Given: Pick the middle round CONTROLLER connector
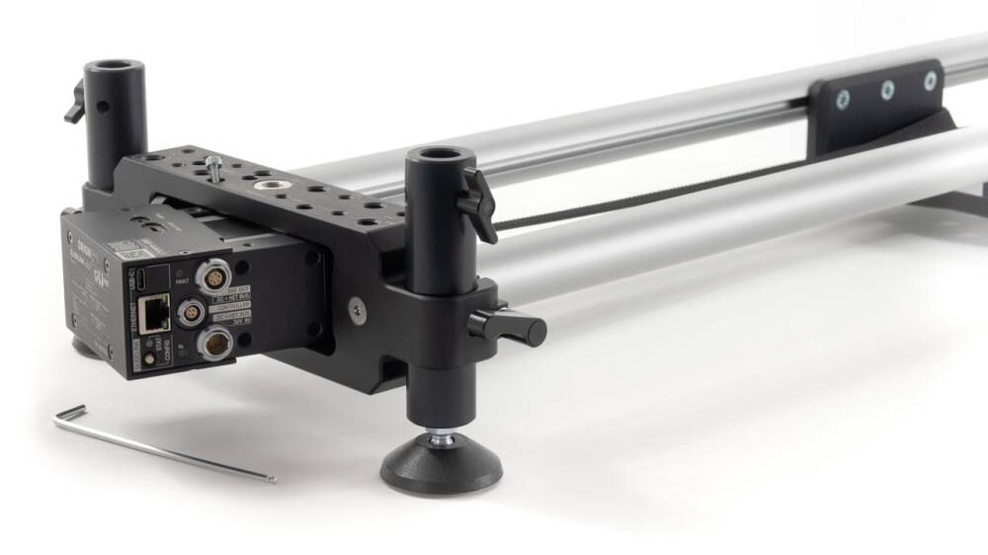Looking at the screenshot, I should tap(187, 315).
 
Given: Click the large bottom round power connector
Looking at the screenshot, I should tap(212, 346).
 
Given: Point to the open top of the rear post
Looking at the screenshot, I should tap(115, 69).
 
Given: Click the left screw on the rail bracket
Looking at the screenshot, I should tap(843, 100).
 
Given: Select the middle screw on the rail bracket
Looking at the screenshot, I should tap(888, 90).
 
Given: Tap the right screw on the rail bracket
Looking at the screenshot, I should tap(930, 81).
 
